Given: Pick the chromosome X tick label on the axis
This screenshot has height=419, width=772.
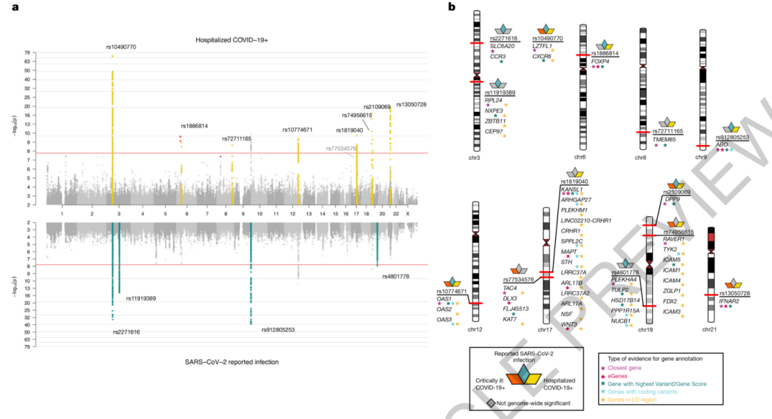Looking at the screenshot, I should pyautogui.click(x=408, y=212).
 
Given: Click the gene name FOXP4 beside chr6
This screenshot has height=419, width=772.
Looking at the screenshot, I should pyautogui.click(x=600, y=61).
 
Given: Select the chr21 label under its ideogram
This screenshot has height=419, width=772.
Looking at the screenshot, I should pyautogui.click(x=709, y=329).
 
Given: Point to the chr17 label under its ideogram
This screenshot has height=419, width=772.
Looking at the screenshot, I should pyautogui.click(x=545, y=329).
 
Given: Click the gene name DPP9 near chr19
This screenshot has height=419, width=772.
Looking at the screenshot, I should pyautogui.click(x=672, y=198).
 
